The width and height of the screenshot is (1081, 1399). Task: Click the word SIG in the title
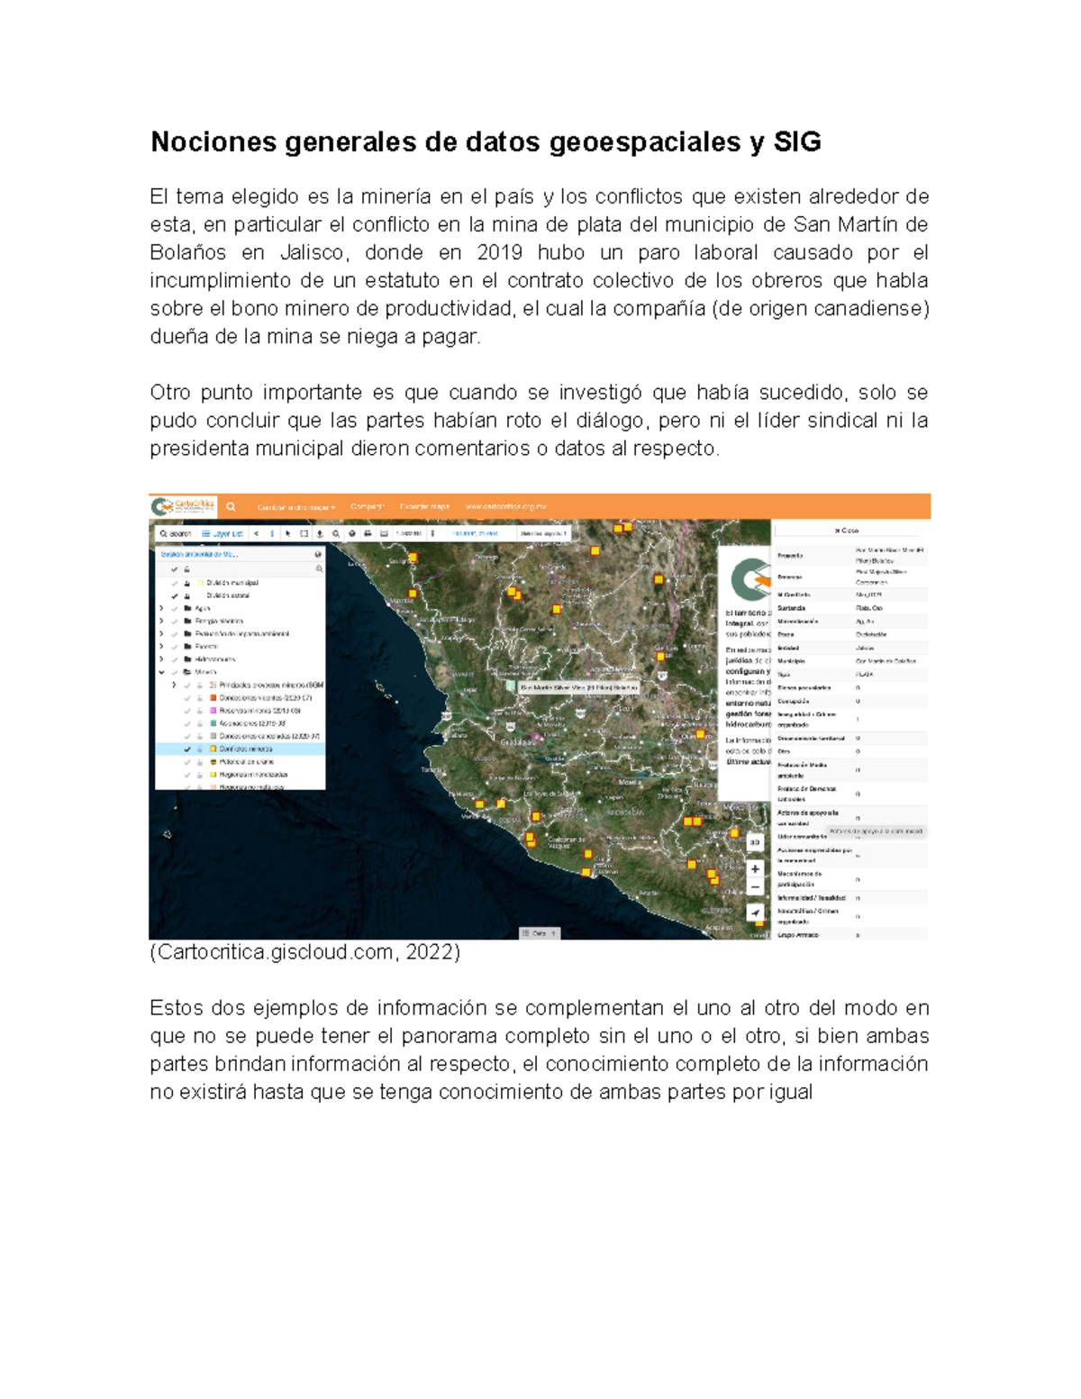point(797,142)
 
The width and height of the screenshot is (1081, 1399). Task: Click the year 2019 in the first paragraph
point(499,252)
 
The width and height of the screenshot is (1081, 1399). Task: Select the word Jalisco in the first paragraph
point(312,252)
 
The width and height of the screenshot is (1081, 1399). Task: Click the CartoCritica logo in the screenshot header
point(183,506)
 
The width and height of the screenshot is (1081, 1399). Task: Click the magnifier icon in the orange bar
point(231,507)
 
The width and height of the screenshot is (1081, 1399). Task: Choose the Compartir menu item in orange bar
point(367,507)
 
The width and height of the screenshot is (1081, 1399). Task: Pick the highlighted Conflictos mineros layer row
point(245,749)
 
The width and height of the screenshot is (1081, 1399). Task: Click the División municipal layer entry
point(232,583)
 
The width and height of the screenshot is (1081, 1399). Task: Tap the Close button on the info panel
point(846,531)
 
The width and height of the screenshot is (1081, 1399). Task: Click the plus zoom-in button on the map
point(755,868)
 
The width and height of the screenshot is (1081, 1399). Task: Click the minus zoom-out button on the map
point(755,887)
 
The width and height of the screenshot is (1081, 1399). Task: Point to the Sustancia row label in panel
point(792,608)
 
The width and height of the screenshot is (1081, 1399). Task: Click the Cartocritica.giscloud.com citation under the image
point(304,952)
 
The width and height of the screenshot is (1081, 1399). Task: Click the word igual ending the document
point(790,1092)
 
